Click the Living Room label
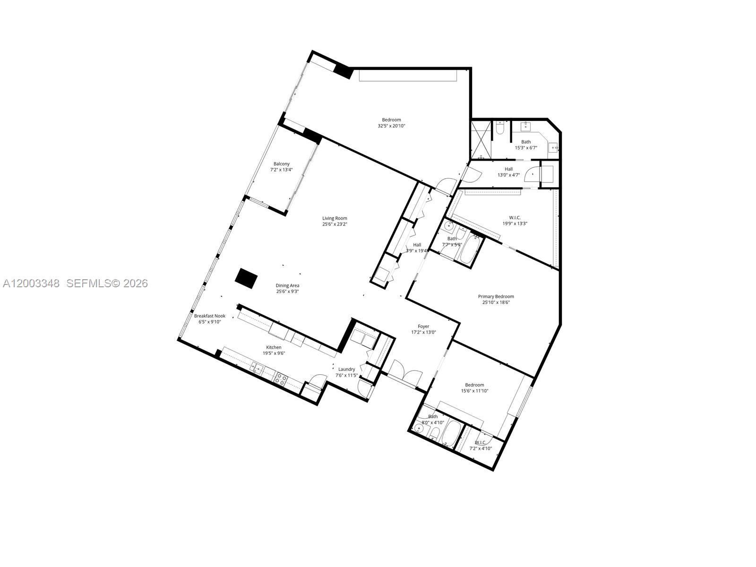coord(335,218)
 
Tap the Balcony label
coord(281,164)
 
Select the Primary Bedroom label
coord(496,297)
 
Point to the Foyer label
coord(423,326)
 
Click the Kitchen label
coord(274,347)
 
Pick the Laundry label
coord(346,369)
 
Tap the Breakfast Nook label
coord(210,316)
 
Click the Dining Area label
coord(287,285)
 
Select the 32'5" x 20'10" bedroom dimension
coord(391,126)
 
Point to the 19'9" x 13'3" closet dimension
coord(515,223)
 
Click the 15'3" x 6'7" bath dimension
coord(526,148)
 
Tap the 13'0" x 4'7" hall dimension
coord(508,175)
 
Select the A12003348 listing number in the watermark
coord(31,283)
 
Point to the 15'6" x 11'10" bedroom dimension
coord(474,391)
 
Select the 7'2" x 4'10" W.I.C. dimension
coord(481,448)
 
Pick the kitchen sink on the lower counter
coord(257,367)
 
